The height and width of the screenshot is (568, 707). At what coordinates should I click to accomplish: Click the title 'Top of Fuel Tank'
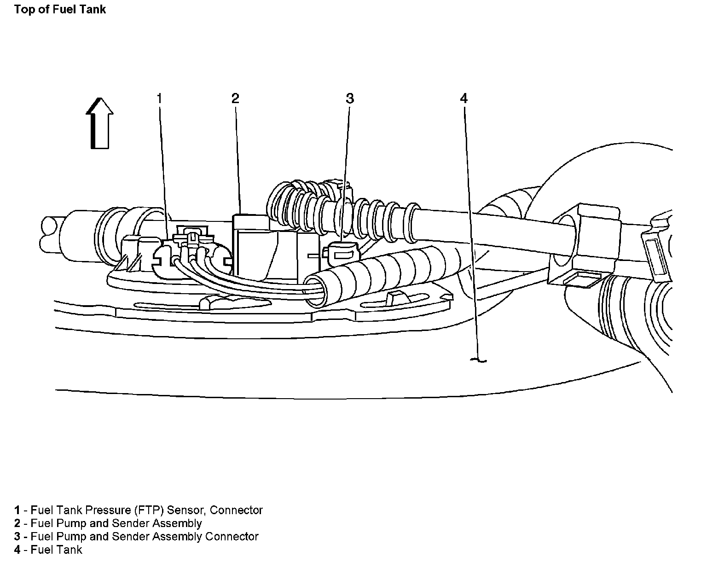click(x=60, y=10)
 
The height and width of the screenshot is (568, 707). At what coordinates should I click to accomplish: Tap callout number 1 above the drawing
click(x=160, y=98)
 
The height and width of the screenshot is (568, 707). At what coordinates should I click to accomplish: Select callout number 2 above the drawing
click(x=235, y=98)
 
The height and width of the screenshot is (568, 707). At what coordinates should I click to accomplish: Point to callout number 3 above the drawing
click(x=350, y=98)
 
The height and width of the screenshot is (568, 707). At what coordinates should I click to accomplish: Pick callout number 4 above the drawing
click(x=464, y=98)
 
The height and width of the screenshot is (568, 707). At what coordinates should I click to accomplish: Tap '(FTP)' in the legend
click(x=150, y=510)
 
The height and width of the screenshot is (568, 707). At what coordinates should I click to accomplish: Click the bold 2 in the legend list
click(x=17, y=523)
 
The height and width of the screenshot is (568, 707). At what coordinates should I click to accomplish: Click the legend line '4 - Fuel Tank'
click(x=48, y=550)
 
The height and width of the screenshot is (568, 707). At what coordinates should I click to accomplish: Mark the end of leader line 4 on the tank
click(x=479, y=359)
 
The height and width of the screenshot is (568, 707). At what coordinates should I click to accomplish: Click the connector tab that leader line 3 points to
click(x=341, y=252)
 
